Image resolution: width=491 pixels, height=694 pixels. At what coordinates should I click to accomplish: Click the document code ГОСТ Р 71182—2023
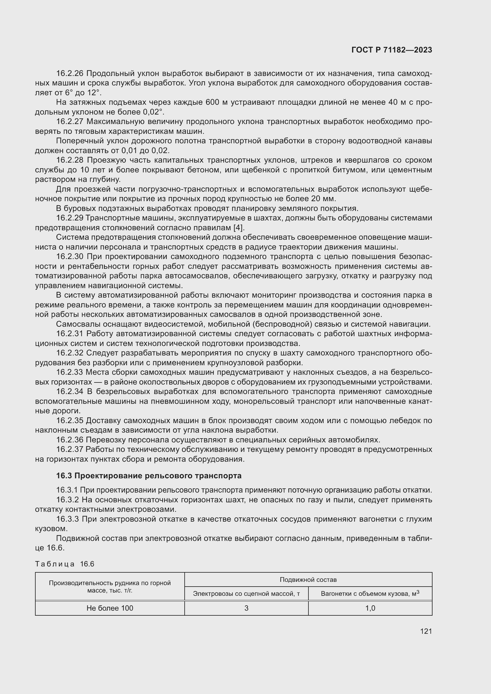(x=392, y=50)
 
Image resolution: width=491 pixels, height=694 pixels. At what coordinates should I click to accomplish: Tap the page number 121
(x=426, y=631)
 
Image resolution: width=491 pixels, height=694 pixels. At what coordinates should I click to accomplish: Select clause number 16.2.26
(x=70, y=74)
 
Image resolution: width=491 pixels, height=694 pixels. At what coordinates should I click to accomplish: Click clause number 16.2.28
(x=70, y=160)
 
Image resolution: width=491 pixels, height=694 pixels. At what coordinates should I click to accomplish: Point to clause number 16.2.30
(x=70, y=257)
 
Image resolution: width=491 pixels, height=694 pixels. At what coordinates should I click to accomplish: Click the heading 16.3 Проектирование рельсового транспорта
(x=149, y=476)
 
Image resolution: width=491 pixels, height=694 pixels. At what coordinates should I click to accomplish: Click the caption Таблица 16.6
(x=65, y=564)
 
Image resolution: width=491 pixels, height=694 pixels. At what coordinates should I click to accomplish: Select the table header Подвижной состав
(x=308, y=580)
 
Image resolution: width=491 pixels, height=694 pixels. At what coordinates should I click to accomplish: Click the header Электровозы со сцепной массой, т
(x=246, y=594)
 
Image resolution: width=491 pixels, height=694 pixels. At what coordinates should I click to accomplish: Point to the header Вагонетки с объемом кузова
(x=370, y=594)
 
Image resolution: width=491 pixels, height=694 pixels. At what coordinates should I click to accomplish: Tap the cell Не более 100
(x=110, y=608)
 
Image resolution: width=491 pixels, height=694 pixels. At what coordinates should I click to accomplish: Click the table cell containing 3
(x=246, y=608)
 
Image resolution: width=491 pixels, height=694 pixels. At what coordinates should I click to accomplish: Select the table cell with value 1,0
(x=370, y=608)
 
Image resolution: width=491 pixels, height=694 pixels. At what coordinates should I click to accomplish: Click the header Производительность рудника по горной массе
(x=110, y=587)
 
